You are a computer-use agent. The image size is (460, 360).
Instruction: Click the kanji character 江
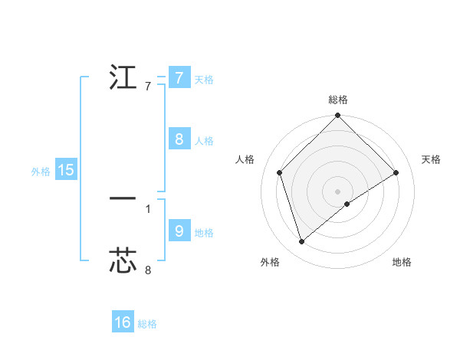coord(123,77)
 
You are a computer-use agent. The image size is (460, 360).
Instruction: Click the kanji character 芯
coord(123,261)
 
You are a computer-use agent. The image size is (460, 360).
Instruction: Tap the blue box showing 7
coord(179,78)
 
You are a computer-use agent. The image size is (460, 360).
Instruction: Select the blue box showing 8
coord(179,139)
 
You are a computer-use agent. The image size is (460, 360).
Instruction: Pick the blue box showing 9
coord(179,231)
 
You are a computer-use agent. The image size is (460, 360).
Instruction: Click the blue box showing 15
coord(66,171)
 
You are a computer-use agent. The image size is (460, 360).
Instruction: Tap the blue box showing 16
coord(123,323)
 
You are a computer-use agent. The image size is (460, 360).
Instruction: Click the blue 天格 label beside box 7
coord(204,80)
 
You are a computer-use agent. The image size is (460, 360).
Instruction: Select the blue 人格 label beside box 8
coord(204,141)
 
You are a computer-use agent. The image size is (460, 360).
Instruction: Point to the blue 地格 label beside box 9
coord(204,233)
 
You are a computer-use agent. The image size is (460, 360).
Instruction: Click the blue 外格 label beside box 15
coord(41,172)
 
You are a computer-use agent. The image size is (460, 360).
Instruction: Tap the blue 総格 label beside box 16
coord(147,325)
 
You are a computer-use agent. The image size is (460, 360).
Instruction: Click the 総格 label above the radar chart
coord(338,100)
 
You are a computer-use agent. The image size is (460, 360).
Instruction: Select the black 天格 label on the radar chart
coord(432,159)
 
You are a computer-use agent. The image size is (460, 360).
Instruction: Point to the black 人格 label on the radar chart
coord(245,159)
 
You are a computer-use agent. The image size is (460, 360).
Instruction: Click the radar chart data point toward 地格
coord(347,204)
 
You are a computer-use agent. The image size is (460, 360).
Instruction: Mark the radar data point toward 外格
coord(302,242)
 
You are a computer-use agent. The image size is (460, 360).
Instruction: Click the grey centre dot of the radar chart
coord(338,191)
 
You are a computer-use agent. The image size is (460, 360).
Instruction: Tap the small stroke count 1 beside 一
coord(148,208)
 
